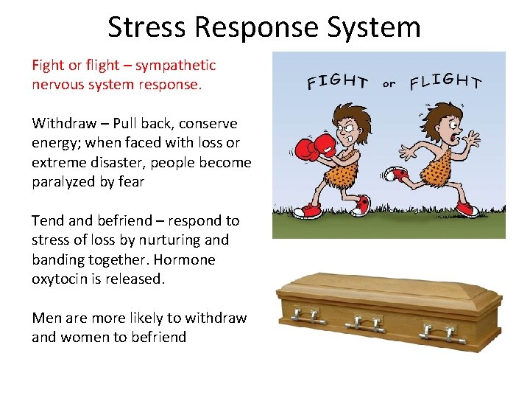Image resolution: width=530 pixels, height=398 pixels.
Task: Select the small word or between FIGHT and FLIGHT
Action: [389, 83]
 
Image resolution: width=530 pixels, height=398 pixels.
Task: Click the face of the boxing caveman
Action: [344, 125]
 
